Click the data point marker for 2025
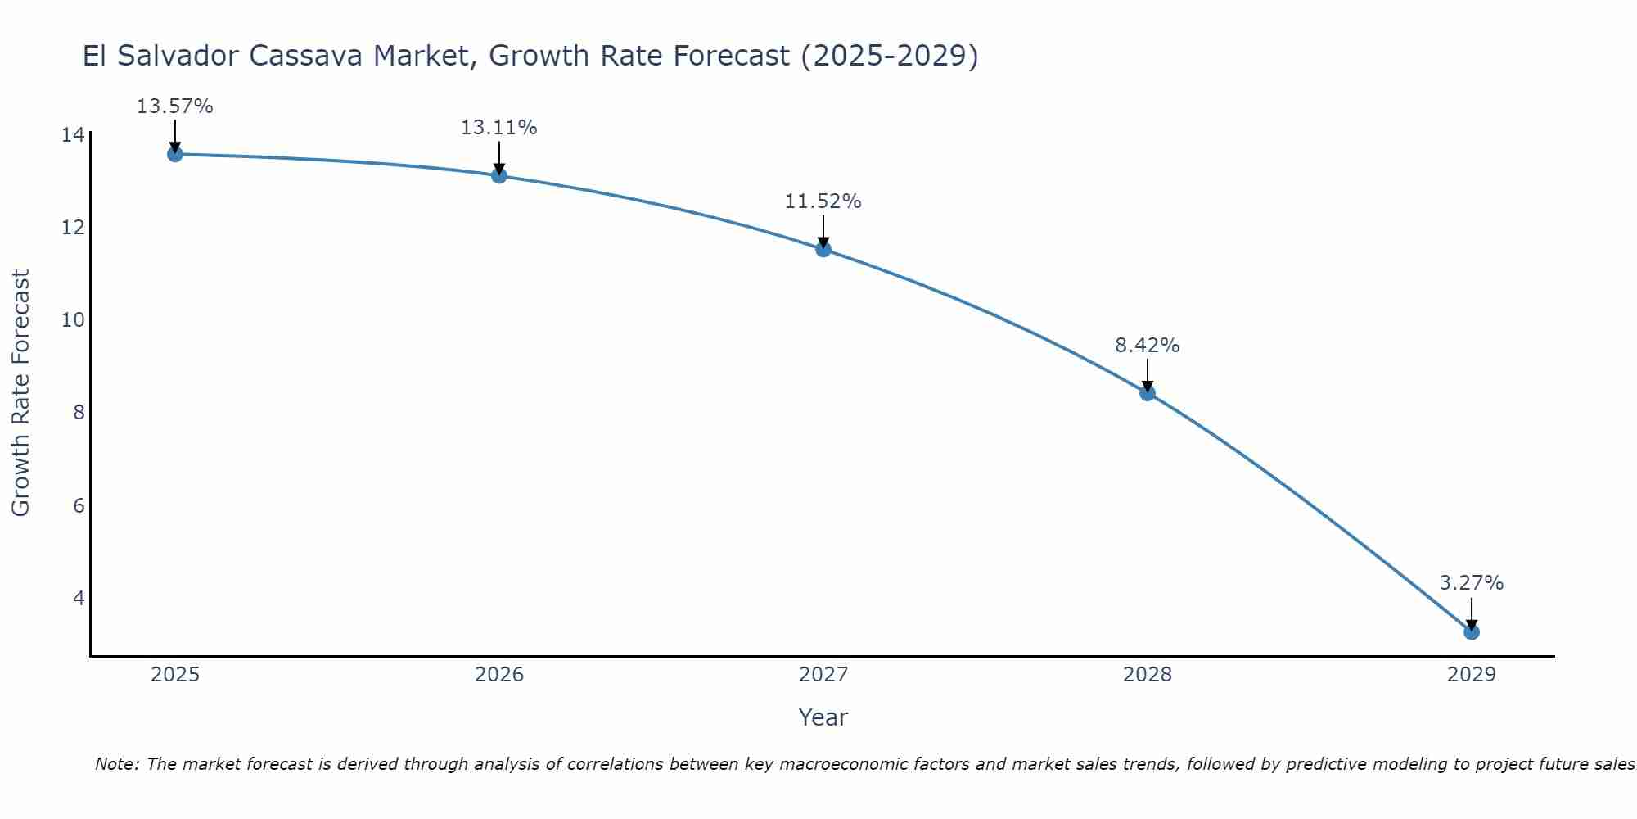175,154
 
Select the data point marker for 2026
499,175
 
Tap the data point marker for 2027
823,249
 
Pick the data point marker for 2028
1148,393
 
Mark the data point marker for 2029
1472,632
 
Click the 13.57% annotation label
174,106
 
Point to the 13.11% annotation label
498,128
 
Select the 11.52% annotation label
823,201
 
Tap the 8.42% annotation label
1147,346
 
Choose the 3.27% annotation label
1471,583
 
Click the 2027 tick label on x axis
823,675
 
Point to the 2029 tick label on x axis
1472,675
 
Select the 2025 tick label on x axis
175,675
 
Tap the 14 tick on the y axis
73,134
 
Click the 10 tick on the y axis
73,319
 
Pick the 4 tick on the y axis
79,598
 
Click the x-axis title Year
823,717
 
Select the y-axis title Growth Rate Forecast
20,392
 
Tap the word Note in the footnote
117,764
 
